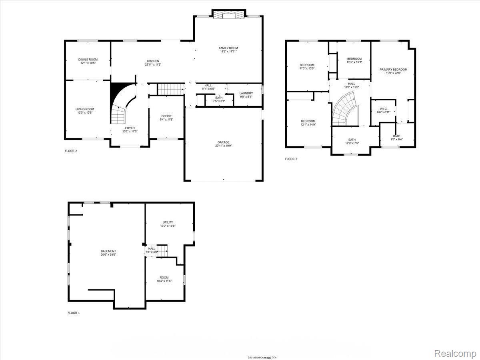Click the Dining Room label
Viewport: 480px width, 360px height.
pyautogui.click(x=88, y=60)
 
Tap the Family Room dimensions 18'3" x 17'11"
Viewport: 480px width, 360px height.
pyautogui.click(x=228, y=52)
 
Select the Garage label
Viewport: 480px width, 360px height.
pyautogui.click(x=224, y=142)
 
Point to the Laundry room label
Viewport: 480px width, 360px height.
pyautogui.click(x=246, y=93)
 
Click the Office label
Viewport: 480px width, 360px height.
pyautogui.click(x=166, y=116)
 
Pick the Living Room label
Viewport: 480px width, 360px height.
pyautogui.click(x=85, y=109)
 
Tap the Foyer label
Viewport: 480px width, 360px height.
pyautogui.click(x=130, y=128)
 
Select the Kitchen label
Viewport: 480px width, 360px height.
pyautogui.click(x=153, y=61)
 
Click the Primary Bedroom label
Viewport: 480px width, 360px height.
pyautogui.click(x=393, y=70)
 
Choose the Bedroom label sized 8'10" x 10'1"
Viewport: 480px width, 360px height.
pyautogui.click(x=354, y=59)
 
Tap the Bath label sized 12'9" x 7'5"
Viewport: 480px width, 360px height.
pyautogui.click(x=352, y=140)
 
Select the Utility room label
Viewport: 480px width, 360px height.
pyautogui.click(x=168, y=222)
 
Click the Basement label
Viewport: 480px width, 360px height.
pyautogui.click(x=108, y=251)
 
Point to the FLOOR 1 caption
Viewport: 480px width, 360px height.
pyautogui.click(x=74, y=313)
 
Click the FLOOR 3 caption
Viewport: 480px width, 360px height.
pyautogui.click(x=291, y=159)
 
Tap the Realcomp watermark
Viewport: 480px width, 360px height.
pyautogui.click(x=454, y=353)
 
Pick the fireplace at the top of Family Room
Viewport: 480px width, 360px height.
pyautogui.click(x=228, y=15)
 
